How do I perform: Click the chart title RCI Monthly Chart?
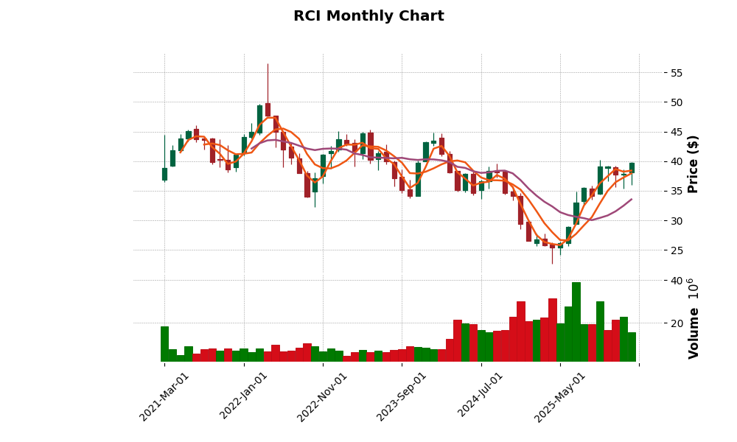tap(368, 16)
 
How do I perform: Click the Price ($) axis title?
tap(694, 164)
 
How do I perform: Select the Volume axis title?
tap(694, 318)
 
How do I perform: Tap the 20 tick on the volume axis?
tap(675, 323)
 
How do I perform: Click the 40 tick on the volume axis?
tap(675, 281)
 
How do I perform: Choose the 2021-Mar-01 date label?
tap(164, 396)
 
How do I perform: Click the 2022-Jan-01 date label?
tap(243, 396)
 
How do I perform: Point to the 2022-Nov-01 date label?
tap(322, 396)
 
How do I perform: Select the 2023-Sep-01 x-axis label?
tap(402, 396)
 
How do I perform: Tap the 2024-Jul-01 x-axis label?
tap(481, 396)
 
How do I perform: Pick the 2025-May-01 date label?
tap(559, 396)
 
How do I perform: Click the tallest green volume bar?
tap(576, 322)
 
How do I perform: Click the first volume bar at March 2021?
tap(164, 344)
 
